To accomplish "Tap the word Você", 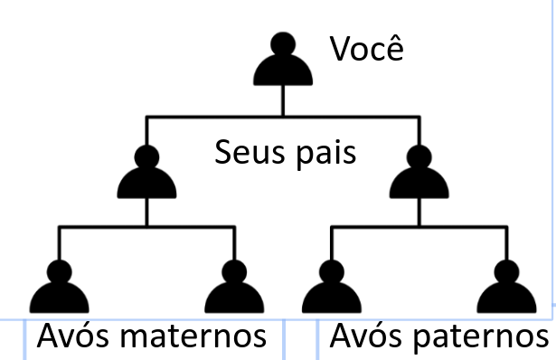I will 365,49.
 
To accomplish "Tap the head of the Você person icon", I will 283,43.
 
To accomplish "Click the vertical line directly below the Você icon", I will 283,100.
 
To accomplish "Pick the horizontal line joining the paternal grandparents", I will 419,228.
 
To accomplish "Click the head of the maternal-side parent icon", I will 147,155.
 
